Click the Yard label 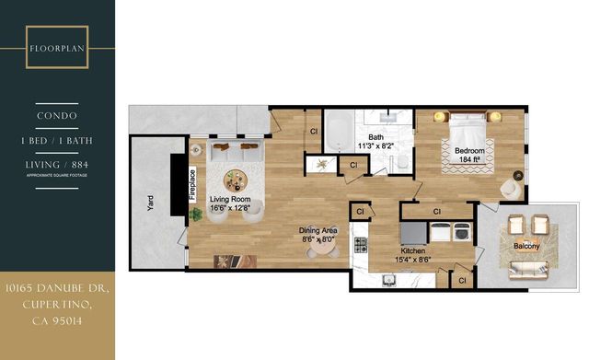tap(150, 203)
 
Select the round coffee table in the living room tap(237, 178)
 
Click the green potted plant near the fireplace tap(196, 214)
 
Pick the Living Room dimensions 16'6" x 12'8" tap(230, 208)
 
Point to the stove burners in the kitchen tap(361, 245)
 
